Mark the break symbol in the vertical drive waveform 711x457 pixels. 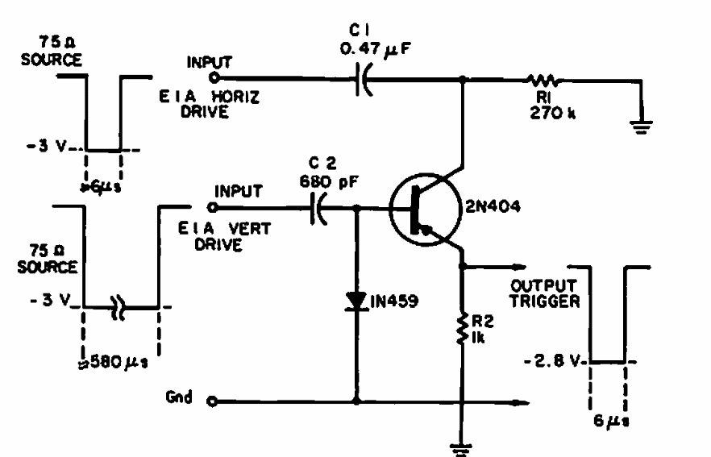click(118, 307)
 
